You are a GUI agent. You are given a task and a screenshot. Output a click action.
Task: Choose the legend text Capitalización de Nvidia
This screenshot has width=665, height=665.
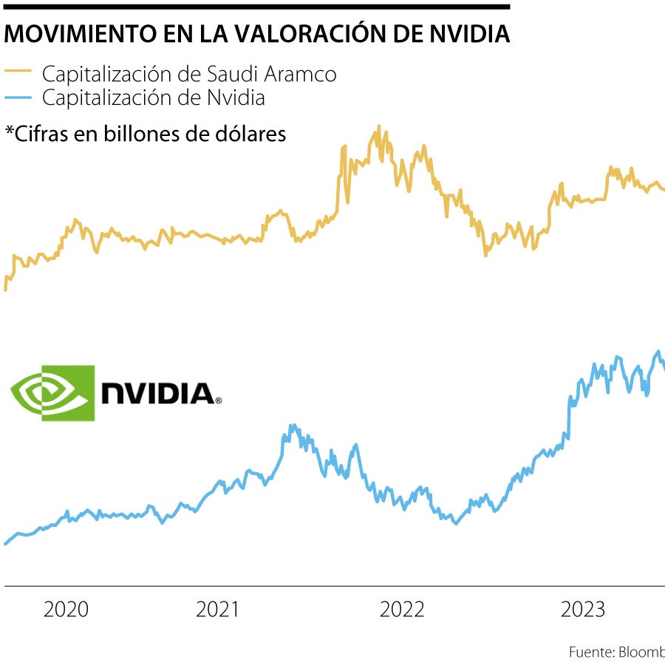pyautogui.click(x=153, y=97)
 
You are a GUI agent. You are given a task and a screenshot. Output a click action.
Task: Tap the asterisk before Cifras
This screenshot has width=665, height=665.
pyautogui.click(x=10, y=133)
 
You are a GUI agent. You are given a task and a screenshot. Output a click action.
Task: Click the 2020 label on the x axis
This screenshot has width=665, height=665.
pyautogui.click(x=66, y=610)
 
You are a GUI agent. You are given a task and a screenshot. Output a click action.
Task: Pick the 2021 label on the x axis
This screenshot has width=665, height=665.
pyautogui.click(x=217, y=610)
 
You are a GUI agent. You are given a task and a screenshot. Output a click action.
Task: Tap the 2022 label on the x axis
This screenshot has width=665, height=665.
pyautogui.click(x=402, y=610)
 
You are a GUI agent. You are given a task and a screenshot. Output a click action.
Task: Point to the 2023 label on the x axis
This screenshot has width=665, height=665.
pyautogui.click(x=583, y=610)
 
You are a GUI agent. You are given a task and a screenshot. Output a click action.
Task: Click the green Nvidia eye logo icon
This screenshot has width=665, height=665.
pyautogui.click(x=52, y=392)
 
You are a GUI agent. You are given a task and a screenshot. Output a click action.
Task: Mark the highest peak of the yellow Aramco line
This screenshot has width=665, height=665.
pyautogui.click(x=378, y=126)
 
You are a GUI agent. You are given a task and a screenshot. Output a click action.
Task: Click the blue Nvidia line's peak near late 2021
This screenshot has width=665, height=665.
pyautogui.click(x=293, y=426)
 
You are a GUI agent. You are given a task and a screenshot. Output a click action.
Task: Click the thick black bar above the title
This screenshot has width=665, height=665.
pyautogui.click(x=255, y=7)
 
